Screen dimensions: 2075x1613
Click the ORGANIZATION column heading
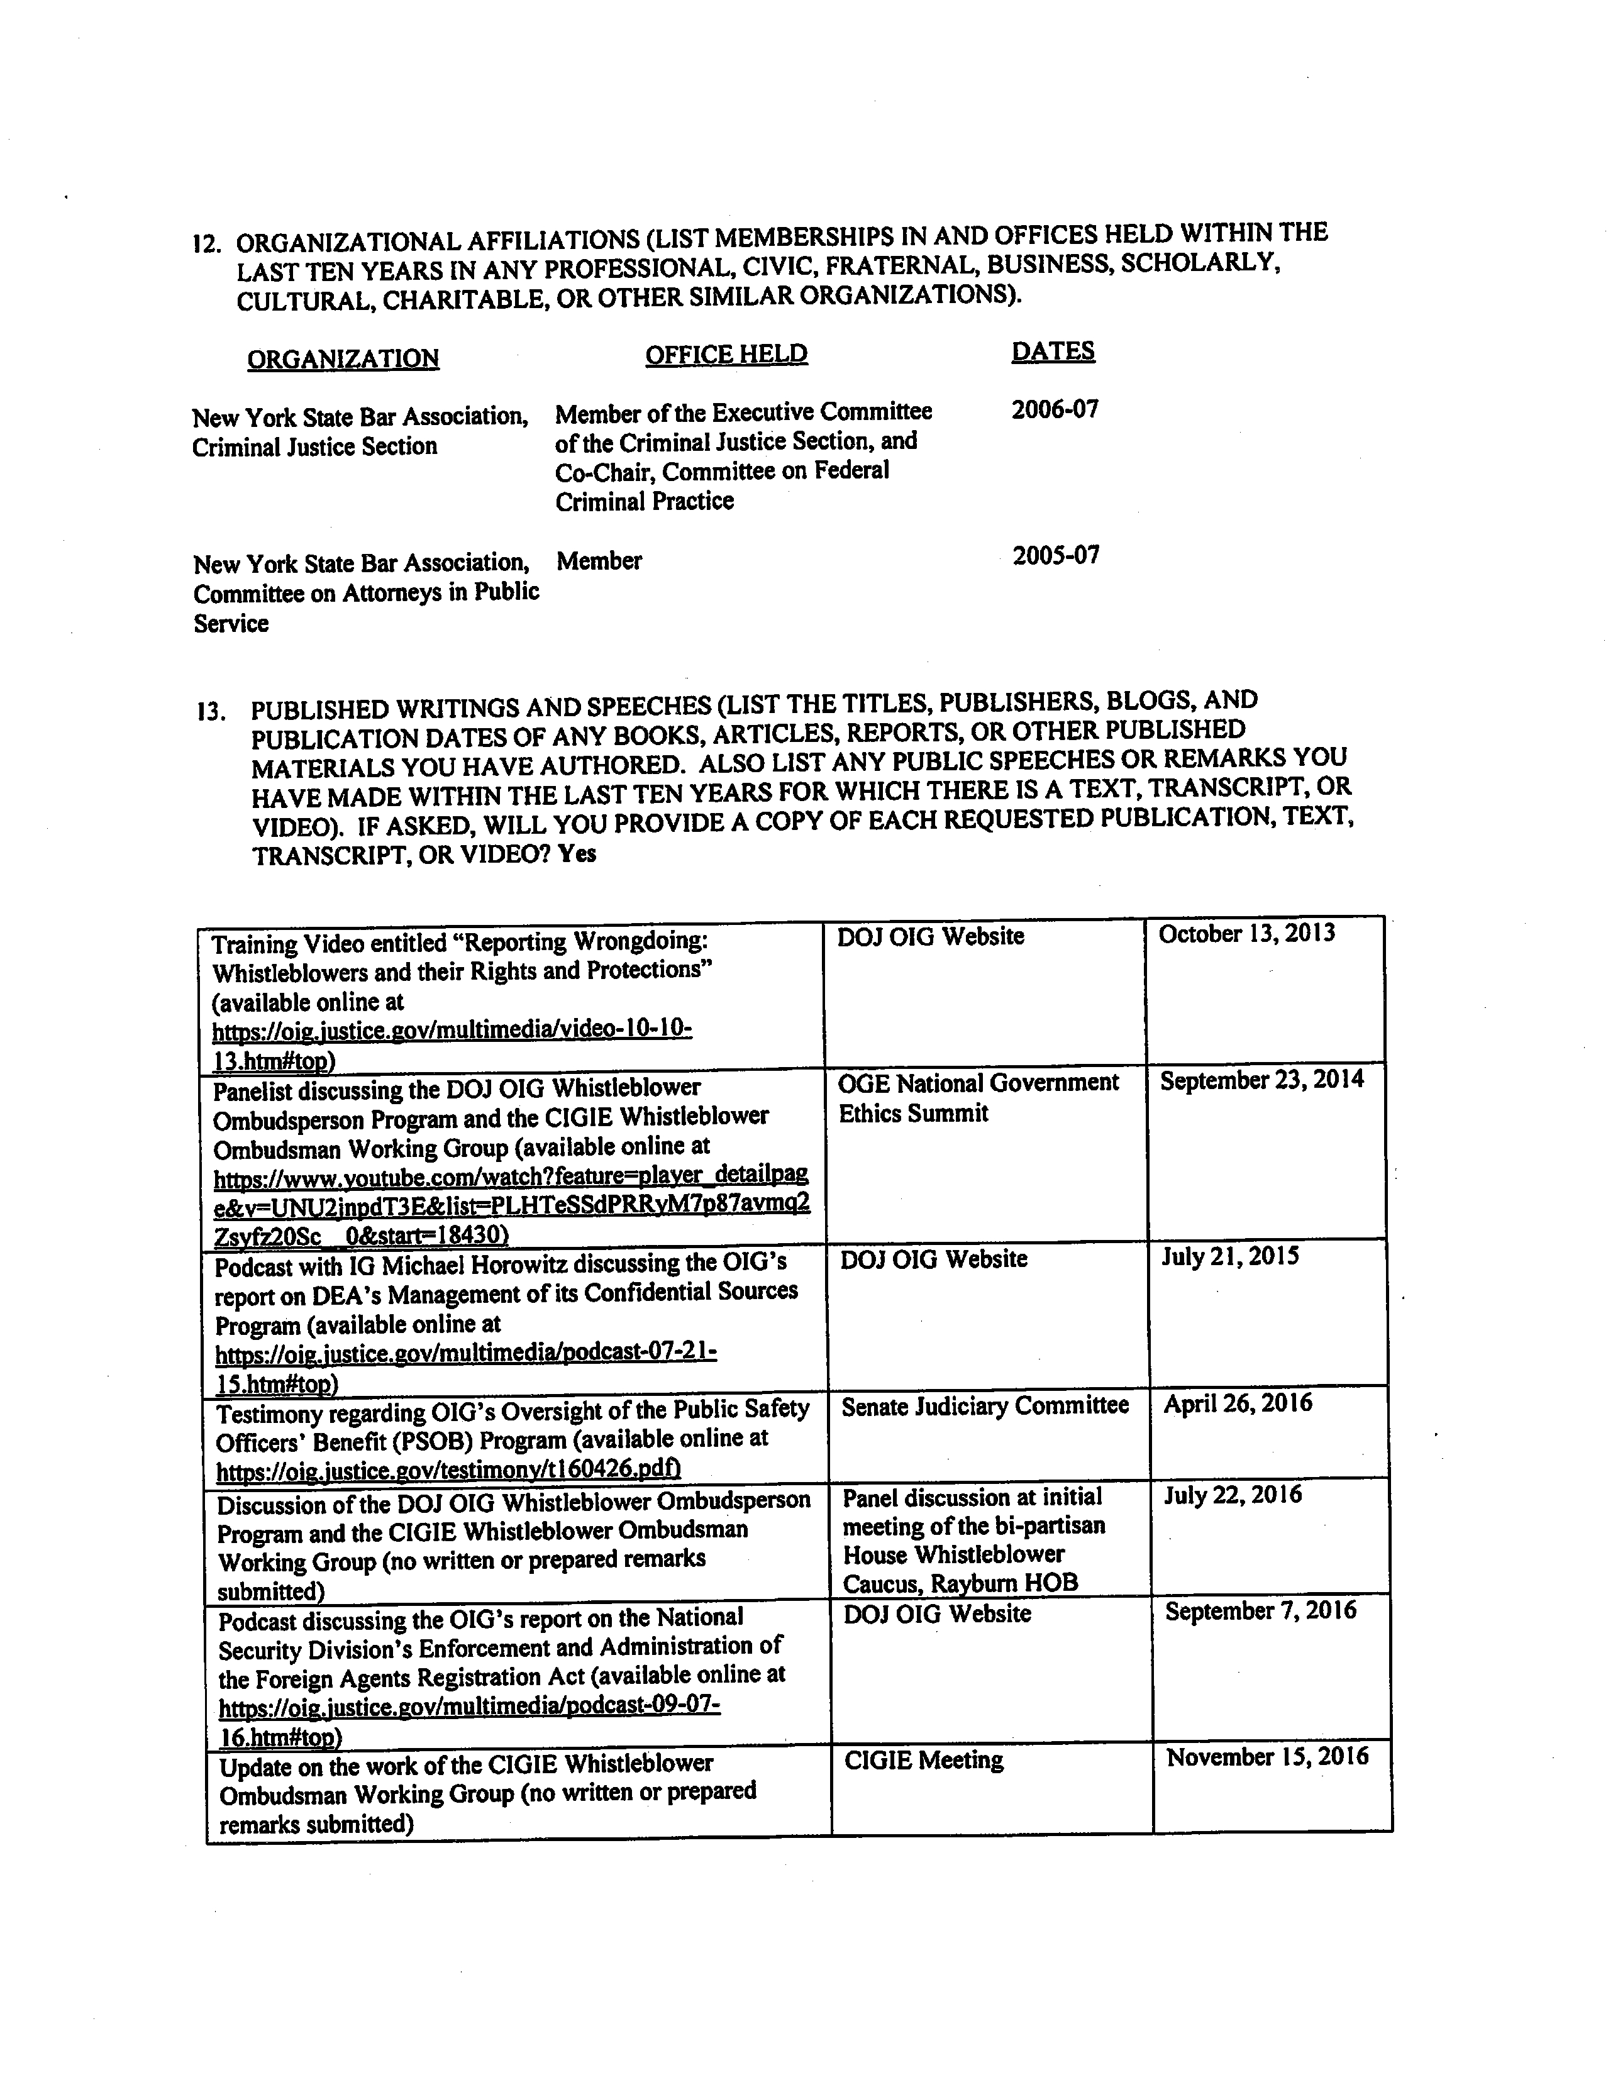pyautogui.click(x=343, y=358)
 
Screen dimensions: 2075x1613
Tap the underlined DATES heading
pyautogui.click(x=1053, y=351)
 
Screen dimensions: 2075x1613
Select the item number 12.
pyautogui.click(x=206, y=243)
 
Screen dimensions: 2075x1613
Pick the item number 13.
pyautogui.click(x=211, y=711)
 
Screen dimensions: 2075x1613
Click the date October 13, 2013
pyautogui.click(x=1246, y=933)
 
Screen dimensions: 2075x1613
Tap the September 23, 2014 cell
pyautogui.click(x=1261, y=1080)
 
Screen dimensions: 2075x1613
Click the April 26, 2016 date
pyautogui.click(x=1238, y=1403)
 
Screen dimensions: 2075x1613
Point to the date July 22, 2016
pyautogui.click(x=1233, y=1495)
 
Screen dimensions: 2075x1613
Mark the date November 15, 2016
pyautogui.click(x=1267, y=1757)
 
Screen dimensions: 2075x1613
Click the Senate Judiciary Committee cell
pyautogui.click(x=985, y=1405)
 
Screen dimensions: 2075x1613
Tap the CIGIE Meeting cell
pyautogui.click(x=923, y=1761)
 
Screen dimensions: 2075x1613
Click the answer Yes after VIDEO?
pyautogui.click(x=577, y=853)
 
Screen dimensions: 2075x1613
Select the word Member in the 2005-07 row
pyautogui.click(x=599, y=562)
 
